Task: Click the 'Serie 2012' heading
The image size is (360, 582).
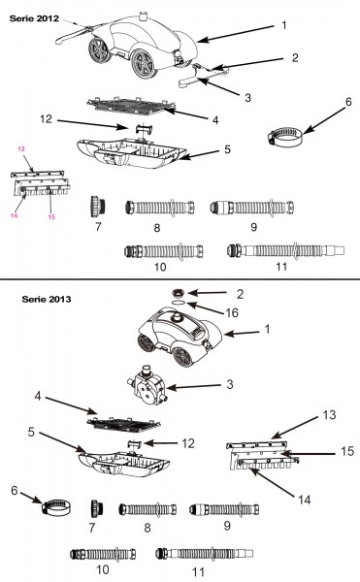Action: tap(34, 18)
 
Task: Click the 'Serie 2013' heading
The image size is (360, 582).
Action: tap(47, 299)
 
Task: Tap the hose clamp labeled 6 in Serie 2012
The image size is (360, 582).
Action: tap(284, 137)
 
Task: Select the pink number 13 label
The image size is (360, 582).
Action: tap(21, 148)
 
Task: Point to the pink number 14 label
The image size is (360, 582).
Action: tap(15, 215)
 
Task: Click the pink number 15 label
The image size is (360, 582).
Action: tap(51, 216)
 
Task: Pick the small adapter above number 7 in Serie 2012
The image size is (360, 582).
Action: tap(98, 207)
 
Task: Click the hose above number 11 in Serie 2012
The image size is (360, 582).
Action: tap(286, 250)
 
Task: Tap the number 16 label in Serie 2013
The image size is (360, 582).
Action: tap(232, 313)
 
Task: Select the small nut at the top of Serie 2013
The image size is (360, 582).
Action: tap(179, 293)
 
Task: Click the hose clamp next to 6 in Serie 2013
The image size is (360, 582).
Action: tap(56, 507)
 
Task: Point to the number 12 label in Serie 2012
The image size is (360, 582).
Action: tap(47, 119)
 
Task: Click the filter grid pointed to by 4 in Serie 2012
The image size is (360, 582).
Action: tap(131, 107)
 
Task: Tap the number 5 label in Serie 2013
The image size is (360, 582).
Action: tap(31, 432)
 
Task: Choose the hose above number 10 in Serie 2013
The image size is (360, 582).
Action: tap(103, 554)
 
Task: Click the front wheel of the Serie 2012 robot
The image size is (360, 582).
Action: tap(144, 64)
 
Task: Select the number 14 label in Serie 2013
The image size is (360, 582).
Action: tap(305, 500)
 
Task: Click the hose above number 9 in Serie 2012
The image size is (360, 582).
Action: tap(252, 207)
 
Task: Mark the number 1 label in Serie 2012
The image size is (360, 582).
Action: tap(284, 25)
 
